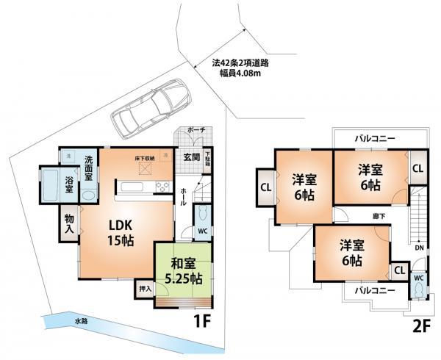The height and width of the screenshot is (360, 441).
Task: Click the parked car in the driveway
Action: (x=151, y=107)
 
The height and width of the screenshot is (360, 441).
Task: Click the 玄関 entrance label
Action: (x=191, y=156)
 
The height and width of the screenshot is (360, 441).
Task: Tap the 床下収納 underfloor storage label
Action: (x=144, y=158)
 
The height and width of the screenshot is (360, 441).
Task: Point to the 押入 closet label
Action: (x=145, y=289)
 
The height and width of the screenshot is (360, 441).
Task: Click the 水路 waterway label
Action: (x=80, y=321)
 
